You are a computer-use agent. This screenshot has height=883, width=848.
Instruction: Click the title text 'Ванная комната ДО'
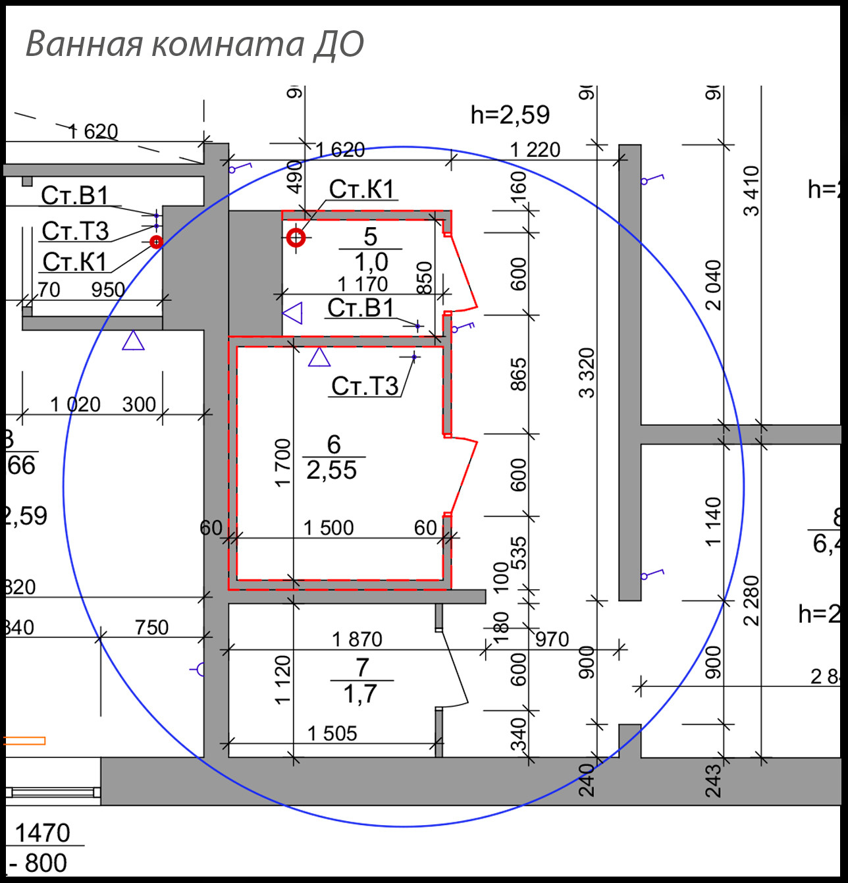click(194, 44)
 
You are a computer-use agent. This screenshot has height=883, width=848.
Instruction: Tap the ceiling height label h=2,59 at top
click(510, 115)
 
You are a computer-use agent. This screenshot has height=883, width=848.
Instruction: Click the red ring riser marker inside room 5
click(296, 238)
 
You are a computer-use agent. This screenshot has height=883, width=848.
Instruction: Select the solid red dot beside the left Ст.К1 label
click(156, 242)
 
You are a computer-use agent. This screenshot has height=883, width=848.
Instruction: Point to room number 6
click(334, 444)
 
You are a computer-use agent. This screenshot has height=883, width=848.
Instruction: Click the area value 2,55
click(332, 470)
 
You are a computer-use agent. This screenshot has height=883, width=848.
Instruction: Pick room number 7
click(362, 668)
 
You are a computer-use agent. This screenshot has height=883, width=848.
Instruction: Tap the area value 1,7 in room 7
click(360, 694)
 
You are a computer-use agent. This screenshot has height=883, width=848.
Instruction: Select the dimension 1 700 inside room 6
click(282, 463)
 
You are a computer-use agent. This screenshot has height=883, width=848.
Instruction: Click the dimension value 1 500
click(328, 527)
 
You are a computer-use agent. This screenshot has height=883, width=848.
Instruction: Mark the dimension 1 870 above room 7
click(357, 639)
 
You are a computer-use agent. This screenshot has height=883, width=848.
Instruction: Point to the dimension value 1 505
click(332, 733)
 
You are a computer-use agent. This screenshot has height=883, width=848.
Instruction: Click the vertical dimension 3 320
click(587, 373)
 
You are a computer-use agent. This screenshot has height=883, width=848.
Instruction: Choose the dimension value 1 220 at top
click(535, 150)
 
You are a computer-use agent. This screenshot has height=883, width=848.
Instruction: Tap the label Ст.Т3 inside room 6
click(365, 386)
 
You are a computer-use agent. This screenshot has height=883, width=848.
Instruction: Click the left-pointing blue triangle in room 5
click(292, 313)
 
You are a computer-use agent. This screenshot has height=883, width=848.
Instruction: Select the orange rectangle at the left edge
click(24, 741)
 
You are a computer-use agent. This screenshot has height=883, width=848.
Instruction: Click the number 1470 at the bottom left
click(42, 833)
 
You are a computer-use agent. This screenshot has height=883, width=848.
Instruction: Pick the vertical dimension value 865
click(519, 374)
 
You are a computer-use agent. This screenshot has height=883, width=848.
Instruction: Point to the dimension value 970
click(552, 639)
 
